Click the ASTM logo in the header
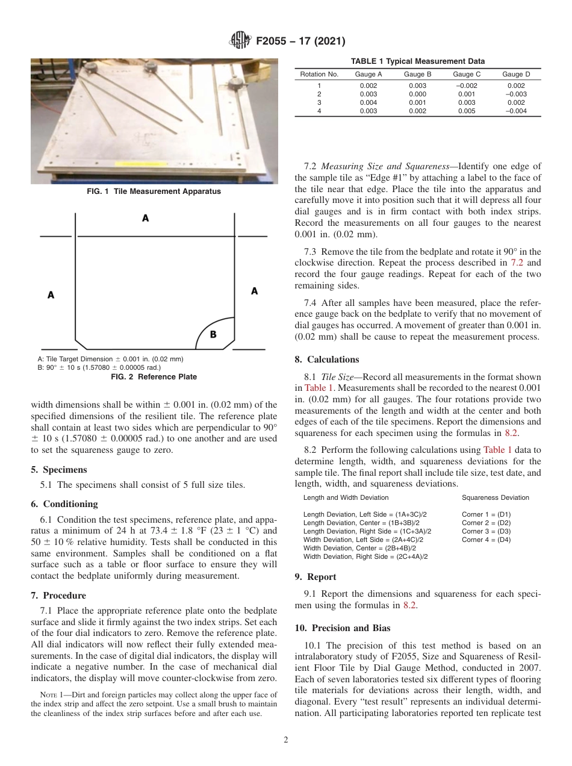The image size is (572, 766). (240, 42)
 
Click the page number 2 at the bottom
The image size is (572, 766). (285, 740)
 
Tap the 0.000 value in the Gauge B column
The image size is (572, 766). (417, 95)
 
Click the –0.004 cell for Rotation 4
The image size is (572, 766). (516, 111)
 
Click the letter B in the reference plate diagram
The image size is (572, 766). (213, 334)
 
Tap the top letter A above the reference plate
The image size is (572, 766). (145, 219)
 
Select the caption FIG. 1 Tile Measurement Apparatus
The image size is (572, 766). (154, 191)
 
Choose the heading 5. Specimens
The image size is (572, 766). (58, 470)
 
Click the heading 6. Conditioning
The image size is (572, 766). (64, 504)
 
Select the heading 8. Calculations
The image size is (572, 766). (326, 360)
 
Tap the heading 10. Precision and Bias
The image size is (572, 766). (343, 628)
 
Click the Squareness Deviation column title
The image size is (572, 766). (495, 497)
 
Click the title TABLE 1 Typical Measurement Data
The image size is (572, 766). (417, 61)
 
